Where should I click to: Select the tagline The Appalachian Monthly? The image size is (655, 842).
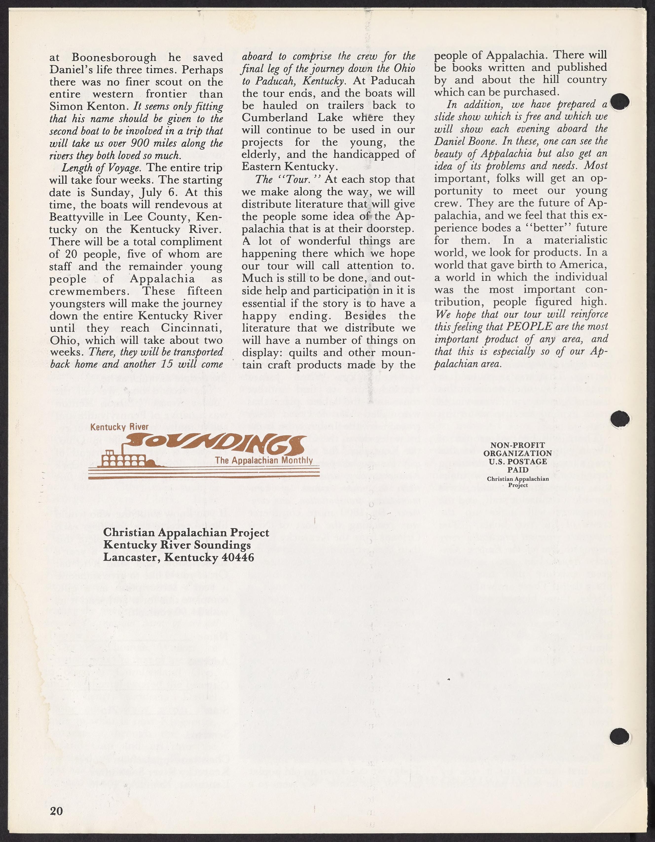pyautogui.click(x=264, y=460)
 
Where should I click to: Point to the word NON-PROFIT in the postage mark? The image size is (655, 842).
pyautogui.click(x=517, y=445)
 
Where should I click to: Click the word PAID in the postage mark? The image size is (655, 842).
pyautogui.click(x=518, y=470)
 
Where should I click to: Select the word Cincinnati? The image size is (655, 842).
pyautogui.click(x=192, y=328)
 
